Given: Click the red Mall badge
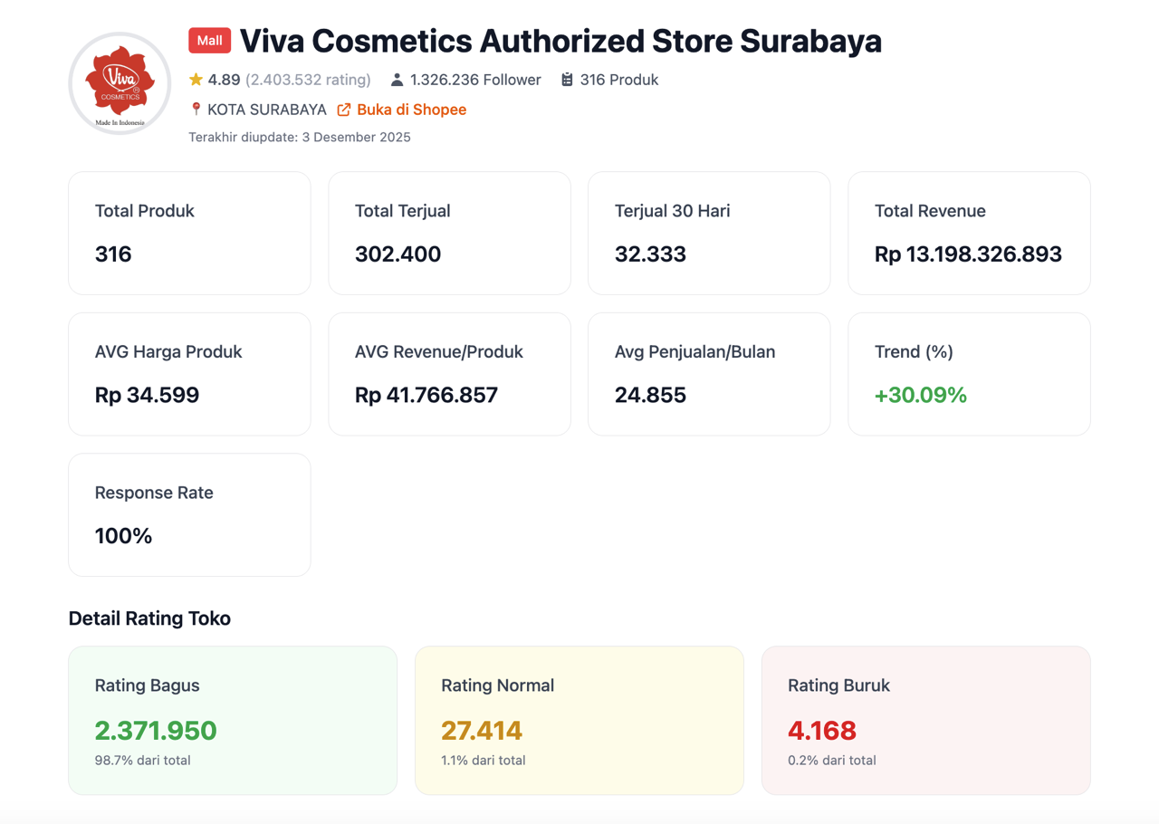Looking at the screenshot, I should tap(209, 41).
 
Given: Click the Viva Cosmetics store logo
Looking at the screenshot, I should tap(120, 83).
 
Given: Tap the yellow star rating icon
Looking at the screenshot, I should tap(196, 80).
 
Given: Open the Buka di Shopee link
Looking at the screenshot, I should tap(411, 110).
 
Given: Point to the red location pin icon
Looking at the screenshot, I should tap(196, 110).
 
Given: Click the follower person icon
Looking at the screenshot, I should tap(397, 80).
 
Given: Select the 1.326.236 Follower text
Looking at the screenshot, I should tap(475, 80).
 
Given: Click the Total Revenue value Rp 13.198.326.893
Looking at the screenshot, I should tap(968, 254).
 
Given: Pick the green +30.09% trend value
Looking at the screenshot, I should tap(921, 395).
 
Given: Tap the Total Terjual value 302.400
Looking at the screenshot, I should tap(398, 254).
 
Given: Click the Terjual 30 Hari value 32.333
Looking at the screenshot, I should tap(650, 254).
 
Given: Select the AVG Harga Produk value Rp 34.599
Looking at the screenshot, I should tap(147, 395).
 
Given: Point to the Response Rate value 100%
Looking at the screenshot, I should tap(123, 536).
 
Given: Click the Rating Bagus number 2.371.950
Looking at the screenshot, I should tap(156, 731).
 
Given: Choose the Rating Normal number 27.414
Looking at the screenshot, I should tap(482, 731).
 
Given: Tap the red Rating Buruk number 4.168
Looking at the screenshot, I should tap(822, 731).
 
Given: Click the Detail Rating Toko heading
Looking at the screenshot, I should tap(149, 618).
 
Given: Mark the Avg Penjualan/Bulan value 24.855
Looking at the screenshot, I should tap(650, 395).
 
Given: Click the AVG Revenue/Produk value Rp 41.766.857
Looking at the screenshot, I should tap(426, 395).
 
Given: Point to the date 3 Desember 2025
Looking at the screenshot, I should tap(356, 138).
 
